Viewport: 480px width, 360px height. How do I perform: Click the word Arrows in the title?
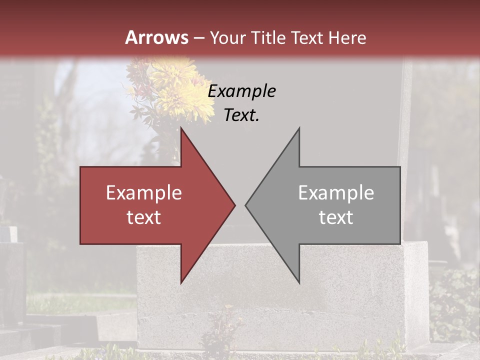(157, 37)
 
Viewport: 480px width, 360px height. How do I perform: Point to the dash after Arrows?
(198, 38)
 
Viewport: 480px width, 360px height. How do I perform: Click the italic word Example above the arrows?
(242, 91)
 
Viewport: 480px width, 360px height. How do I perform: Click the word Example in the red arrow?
(144, 193)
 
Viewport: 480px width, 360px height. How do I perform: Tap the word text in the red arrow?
(144, 217)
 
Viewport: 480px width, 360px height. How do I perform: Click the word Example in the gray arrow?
(336, 193)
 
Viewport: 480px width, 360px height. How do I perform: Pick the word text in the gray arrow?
(336, 217)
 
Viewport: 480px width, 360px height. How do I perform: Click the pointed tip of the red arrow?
(234, 205)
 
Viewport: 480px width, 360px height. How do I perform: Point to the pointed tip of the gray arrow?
(246, 205)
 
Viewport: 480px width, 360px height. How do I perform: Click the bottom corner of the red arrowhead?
(181, 282)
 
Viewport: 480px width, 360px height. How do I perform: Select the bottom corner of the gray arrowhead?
(299, 282)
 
